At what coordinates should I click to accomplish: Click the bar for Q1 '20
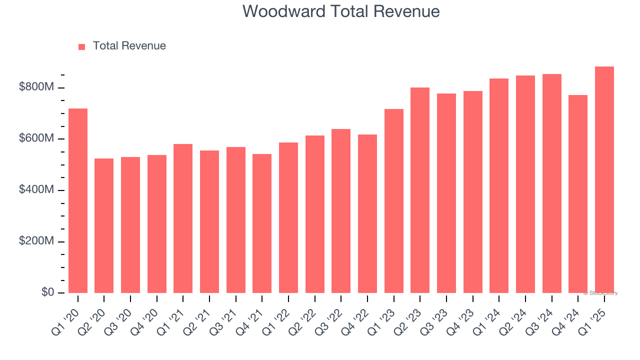[78, 200]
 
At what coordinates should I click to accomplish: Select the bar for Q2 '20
[104, 225]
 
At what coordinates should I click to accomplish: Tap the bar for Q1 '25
[604, 179]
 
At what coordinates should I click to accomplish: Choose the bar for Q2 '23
[420, 190]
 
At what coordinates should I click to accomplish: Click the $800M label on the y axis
[36, 87]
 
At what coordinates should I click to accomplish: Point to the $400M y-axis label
[36, 190]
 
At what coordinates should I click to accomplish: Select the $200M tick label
[36, 241]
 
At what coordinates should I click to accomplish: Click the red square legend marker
[82, 46]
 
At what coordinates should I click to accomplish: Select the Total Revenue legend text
[129, 46]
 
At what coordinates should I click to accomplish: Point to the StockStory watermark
[600, 293]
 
